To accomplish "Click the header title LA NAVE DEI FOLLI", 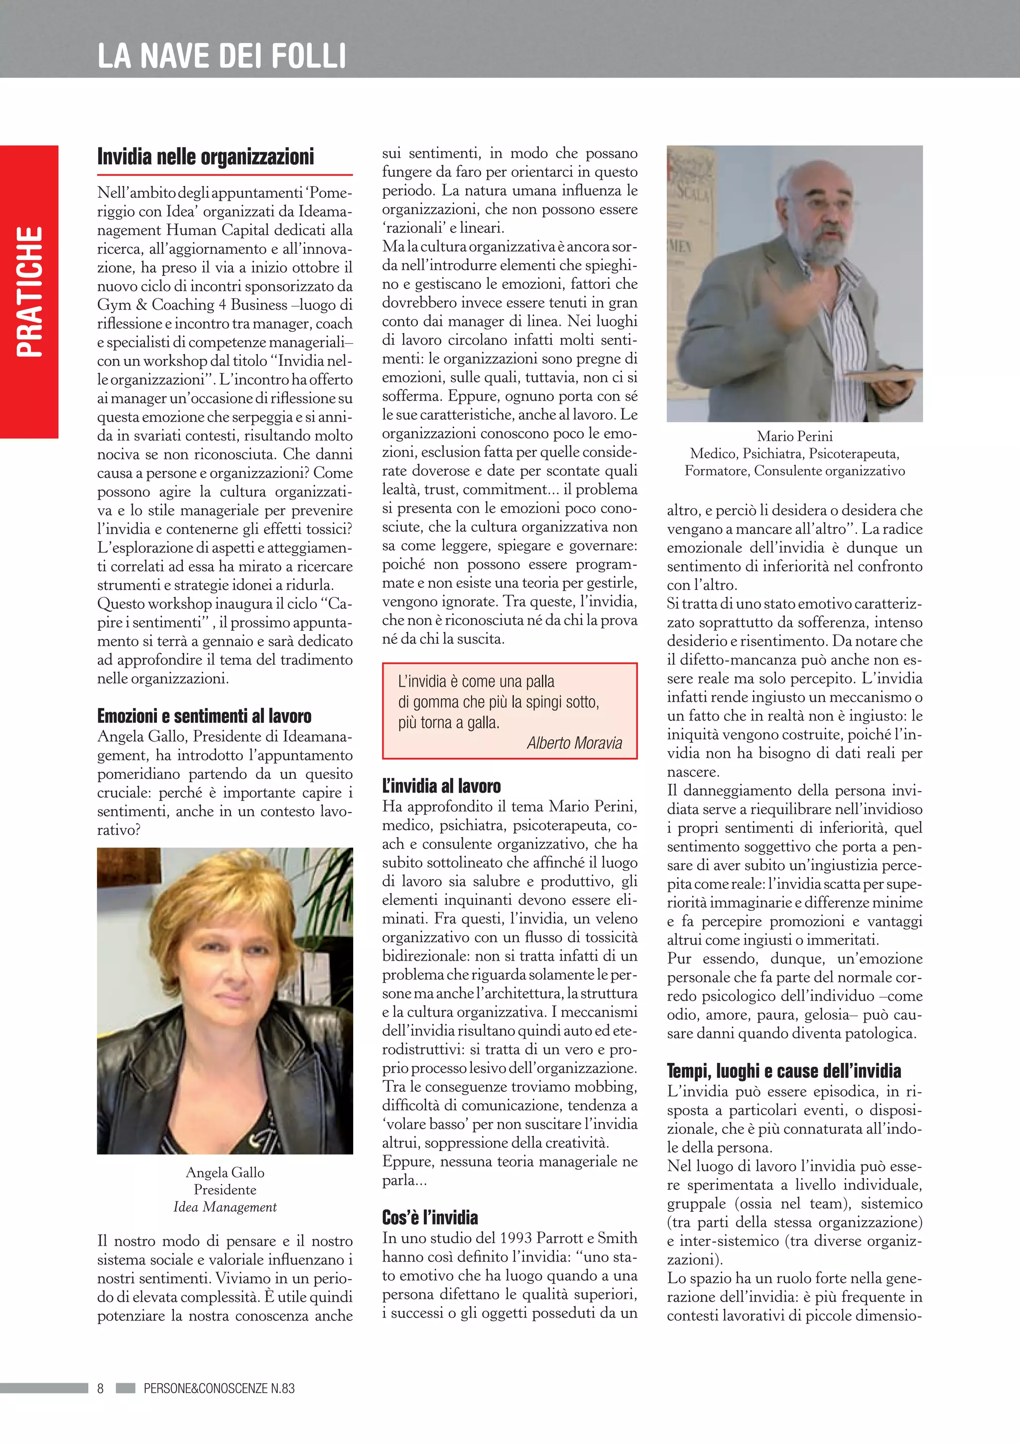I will click(221, 55).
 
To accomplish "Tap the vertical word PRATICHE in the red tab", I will click(29, 291).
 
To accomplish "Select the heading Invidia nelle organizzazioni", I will click(205, 156).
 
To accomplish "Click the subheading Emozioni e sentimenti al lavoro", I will click(204, 716).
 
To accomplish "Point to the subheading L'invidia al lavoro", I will click(442, 786).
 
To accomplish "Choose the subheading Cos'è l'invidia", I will click(430, 1217).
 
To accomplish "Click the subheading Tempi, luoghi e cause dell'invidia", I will click(783, 1071).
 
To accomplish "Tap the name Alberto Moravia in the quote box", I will click(574, 743).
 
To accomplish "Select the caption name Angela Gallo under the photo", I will click(225, 1172).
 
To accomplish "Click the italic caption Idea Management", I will click(225, 1207).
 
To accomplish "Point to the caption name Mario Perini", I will click(794, 436).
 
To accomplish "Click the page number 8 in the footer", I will click(101, 1388).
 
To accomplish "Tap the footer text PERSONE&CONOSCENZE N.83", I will click(219, 1388).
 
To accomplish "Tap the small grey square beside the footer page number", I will click(126, 1388).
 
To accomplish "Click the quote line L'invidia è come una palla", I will click(476, 681).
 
